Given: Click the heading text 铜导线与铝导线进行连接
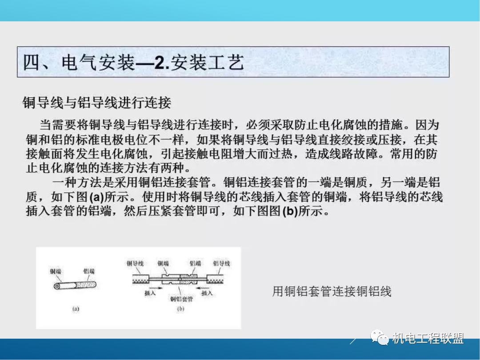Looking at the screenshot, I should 97,103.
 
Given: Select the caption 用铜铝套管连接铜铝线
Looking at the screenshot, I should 332,292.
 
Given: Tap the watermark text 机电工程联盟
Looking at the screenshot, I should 428,339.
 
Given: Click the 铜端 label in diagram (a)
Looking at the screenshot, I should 56,271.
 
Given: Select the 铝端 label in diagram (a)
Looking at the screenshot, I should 89,271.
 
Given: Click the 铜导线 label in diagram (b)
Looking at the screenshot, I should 135,264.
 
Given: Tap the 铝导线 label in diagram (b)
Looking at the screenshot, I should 222,264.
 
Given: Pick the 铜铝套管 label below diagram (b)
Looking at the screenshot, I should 181,299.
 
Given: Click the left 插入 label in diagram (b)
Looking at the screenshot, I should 150,293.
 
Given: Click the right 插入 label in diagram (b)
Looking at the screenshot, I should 207,293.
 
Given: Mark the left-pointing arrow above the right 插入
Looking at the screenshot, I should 206,287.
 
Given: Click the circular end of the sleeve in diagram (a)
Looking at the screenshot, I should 57,285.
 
